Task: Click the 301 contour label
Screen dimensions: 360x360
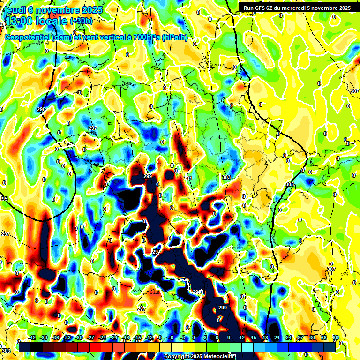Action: pyautogui.click(x=188, y=179)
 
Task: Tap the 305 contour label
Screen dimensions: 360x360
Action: pyautogui.click(x=290, y=185)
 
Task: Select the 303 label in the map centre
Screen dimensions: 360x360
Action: pyautogui.click(x=226, y=177)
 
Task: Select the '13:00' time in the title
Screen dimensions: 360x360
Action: pyautogui.click(x=18, y=22)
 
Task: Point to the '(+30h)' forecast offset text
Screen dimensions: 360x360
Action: pyautogui.click(x=82, y=21)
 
